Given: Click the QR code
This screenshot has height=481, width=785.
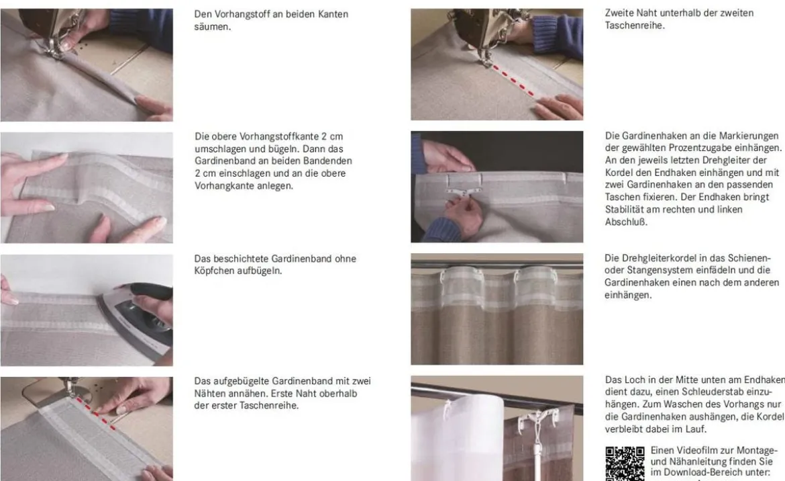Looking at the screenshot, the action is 625,464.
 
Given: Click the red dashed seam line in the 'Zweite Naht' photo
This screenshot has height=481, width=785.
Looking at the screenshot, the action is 512,79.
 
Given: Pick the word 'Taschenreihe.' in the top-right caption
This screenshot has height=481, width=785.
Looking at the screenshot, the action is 635,26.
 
